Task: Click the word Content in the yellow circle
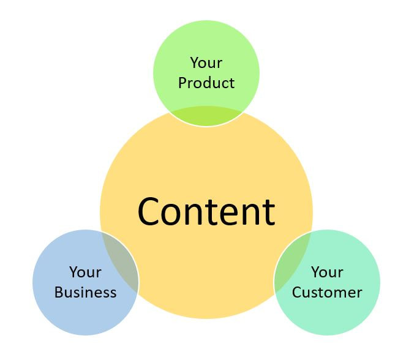click(206, 212)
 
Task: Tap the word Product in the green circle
click(206, 83)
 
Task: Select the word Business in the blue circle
click(85, 292)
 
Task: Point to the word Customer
click(327, 292)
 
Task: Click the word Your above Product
click(206, 62)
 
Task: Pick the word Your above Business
click(85, 272)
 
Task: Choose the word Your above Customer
click(327, 272)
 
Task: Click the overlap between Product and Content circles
click(206, 116)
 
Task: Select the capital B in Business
click(59, 292)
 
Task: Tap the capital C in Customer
click(297, 292)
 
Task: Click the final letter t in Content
click(269, 212)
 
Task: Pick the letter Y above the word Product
click(195, 62)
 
